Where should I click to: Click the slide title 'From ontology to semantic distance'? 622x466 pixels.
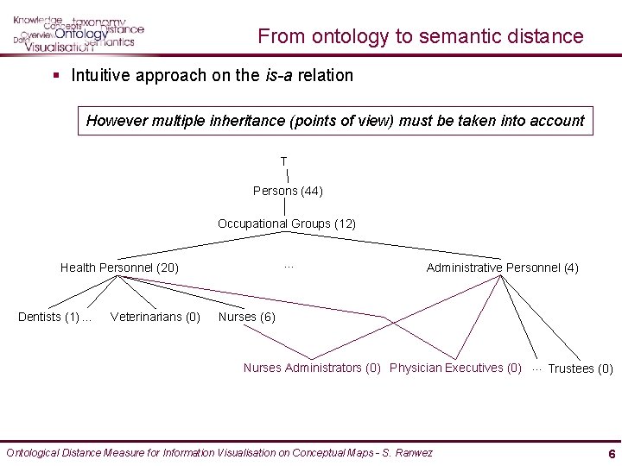pyautogui.click(x=421, y=36)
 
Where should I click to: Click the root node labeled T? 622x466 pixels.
pyautogui.click(x=283, y=161)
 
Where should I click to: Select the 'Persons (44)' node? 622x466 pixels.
pyautogui.click(x=288, y=191)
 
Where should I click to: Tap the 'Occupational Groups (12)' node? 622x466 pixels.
pyautogui.click(x=287, y=224)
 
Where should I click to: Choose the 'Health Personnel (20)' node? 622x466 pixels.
pyautogui.click(x=119, y=268)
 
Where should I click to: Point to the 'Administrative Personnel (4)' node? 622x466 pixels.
pyautogui.click(x=502, y=268)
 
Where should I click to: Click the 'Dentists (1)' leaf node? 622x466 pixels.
pyautogui.click(x=48, y=317)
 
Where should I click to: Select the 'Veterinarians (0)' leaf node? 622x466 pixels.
pyautogui.click(x=155, y=317)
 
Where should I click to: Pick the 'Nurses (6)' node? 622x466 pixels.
pyautogui.click(x=247, y=317)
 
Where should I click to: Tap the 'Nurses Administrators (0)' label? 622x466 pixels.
pyautogui.click(x=312, y=368)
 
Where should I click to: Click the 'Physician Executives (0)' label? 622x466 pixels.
pyautogui.click(x=455, y=368)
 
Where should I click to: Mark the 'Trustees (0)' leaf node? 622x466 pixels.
pyautogui.click(x=581, y=368)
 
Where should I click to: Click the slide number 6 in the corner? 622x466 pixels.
pyautogui.click(x=612, y=454)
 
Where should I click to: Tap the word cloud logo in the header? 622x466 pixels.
pyautogui.click(x=78, y=33)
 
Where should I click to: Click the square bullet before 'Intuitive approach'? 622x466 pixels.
pyautogui.click(x=56, y=75)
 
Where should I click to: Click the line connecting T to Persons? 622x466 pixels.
pyautogui.click(x=287, y=176)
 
